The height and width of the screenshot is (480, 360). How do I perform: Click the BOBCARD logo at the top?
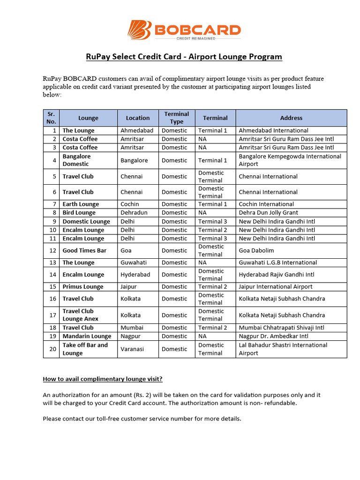coord(184,30)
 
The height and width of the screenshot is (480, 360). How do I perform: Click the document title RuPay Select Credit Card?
coord(184,57)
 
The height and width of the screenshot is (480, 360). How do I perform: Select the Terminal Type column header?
coord(176,118)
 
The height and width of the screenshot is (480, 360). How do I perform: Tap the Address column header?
coord(291,118)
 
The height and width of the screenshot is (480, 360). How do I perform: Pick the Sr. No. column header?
coord(51,118)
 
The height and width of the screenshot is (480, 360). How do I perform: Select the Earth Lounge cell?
coord(81,204)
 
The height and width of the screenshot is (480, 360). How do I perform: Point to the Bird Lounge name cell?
coord(79,212)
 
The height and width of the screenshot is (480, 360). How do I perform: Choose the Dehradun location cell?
coord(134,212)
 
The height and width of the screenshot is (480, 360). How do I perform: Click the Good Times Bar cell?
coord(84,250)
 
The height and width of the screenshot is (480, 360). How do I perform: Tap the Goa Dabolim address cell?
coord(256,250)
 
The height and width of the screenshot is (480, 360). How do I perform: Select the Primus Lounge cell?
coord(83,286)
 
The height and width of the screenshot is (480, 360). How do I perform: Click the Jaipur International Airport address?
coord(276,286)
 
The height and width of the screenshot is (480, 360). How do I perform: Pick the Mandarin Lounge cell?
coord(87,336)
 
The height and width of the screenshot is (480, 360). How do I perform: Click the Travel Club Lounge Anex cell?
coord(81,315)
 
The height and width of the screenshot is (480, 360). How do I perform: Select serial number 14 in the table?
coord(52,275)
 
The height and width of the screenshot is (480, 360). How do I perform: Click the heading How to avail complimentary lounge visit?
coord(103,379)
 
